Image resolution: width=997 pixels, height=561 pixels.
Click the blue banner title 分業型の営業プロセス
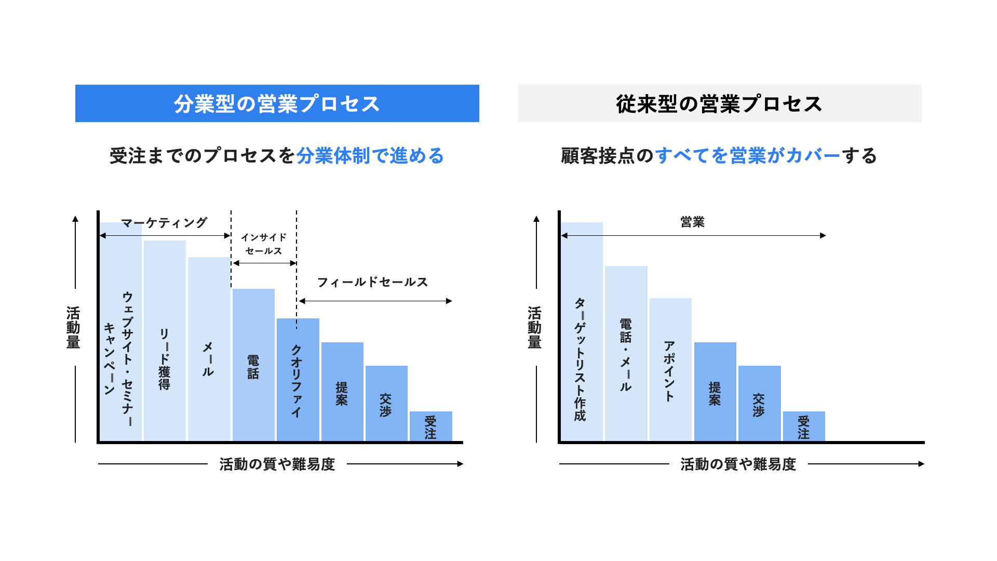coord(277,104)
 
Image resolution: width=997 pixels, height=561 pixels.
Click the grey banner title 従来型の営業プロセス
coord(719,104)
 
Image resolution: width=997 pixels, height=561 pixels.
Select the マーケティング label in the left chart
coord(164,223)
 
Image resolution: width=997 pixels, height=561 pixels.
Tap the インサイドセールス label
coord(264,244)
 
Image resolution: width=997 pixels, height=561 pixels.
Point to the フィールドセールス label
coord(372,282)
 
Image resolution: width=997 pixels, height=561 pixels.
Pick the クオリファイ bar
coord(298,379)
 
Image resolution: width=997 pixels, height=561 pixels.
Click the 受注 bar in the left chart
coord(430,426)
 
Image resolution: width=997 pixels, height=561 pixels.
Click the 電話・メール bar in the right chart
coord(626,353)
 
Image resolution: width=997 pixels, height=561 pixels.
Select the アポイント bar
coord(670,369)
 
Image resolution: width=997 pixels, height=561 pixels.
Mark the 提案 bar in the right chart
coord(715,392)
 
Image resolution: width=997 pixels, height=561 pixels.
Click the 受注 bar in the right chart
coord(804,426)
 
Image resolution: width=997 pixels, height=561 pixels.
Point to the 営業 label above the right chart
coord(693,222)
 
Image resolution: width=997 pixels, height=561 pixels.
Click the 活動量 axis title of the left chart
coord(73,328)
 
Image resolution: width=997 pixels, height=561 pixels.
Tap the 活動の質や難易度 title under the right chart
coord(738,464)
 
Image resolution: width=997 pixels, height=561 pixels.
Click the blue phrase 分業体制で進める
coord(370,156)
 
